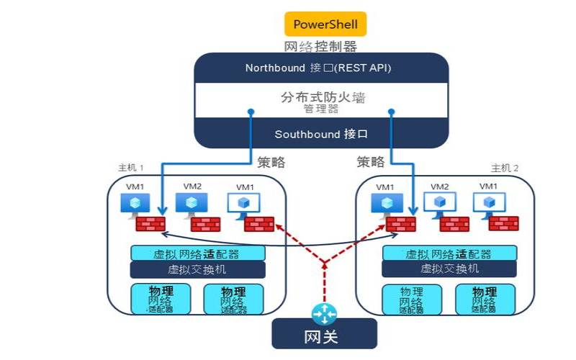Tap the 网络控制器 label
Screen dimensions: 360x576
(x=320, y=47)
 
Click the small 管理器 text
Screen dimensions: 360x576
(x=320, y=109)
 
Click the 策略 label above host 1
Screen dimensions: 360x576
(x=271, y=162)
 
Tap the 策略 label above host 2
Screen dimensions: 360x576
(x=370, y=162)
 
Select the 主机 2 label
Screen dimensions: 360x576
(x=505, y=168)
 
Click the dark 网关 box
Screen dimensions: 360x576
(x=324, y=336)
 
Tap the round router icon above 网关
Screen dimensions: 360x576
(x=324, y=314)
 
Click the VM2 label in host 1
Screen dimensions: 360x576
(x=192, y=186)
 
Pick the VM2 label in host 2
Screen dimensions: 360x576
(x=440, y=186)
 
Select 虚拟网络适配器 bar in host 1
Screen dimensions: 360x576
(x=197, y=253)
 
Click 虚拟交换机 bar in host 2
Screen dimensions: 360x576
(x=449, y=269)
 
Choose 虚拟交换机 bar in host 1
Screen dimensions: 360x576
(x=197, y=269)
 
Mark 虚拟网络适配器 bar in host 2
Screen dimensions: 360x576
(x=449, y=253)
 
